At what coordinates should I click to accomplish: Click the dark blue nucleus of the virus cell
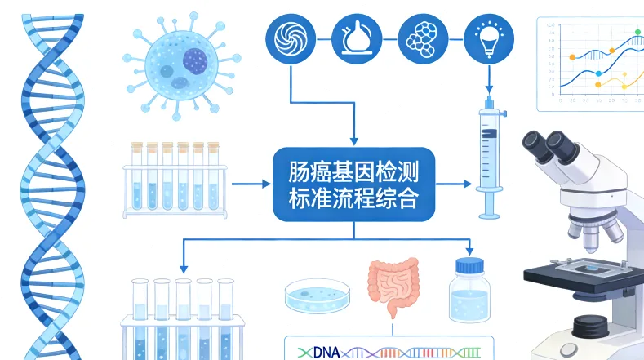[195, 60]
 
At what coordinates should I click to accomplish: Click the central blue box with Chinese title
[353, 184]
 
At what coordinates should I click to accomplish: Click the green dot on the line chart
[638, 32]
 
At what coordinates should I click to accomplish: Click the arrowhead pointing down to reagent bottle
[469, 249]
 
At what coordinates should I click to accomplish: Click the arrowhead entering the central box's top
[353, 140]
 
